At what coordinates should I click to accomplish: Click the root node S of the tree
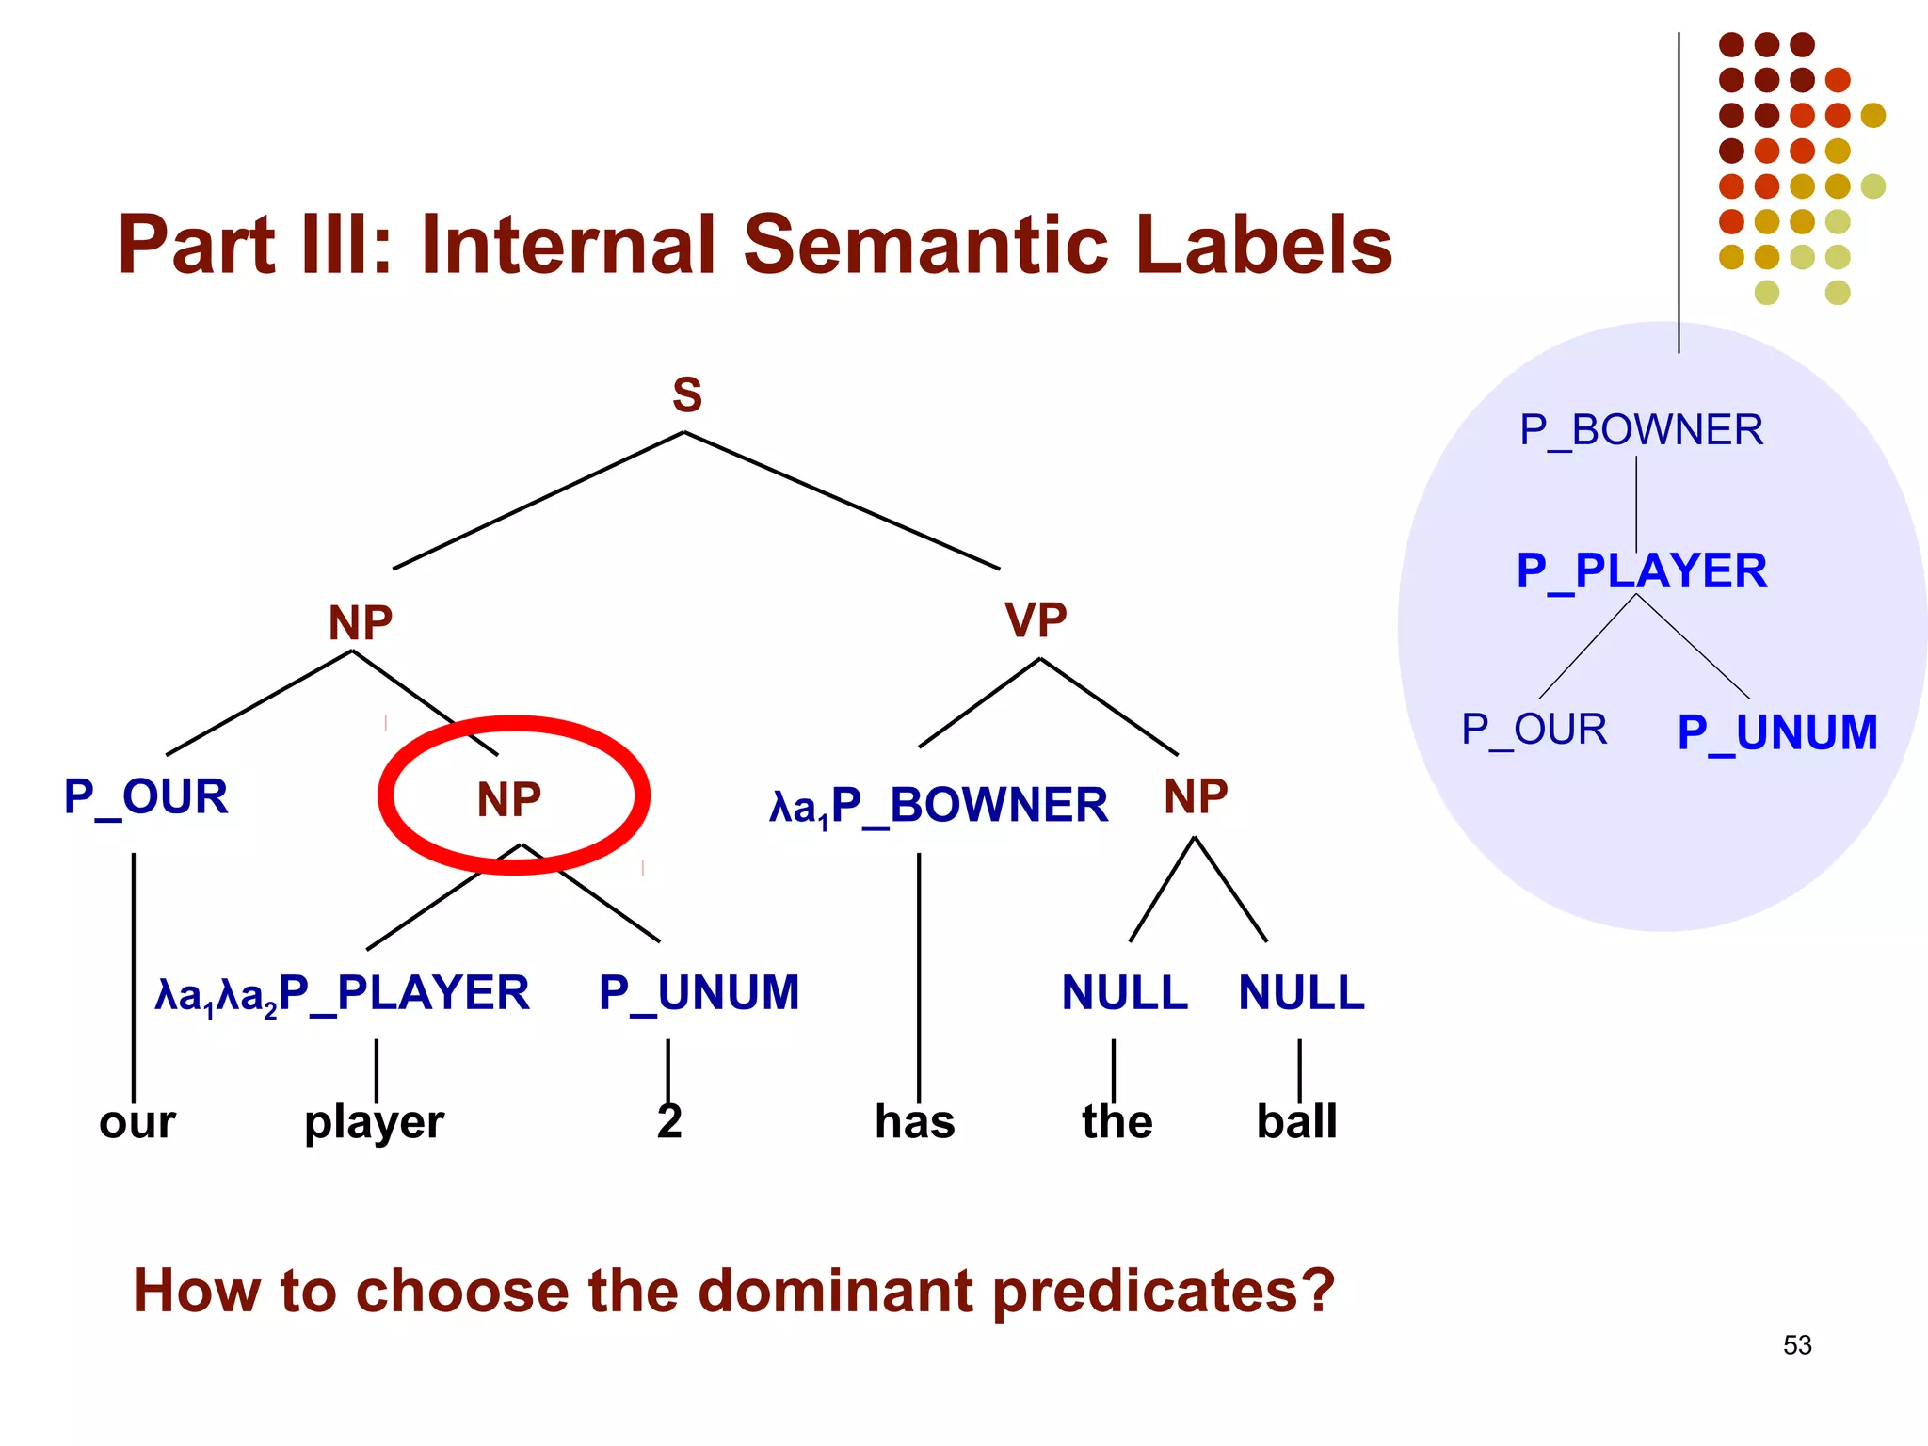pos(687,395)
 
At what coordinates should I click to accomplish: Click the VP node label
pos(1036,620)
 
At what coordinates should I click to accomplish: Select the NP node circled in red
pos(509,800)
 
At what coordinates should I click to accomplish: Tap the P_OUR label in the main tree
pos(146,797)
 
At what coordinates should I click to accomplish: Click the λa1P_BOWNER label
pos(939,806)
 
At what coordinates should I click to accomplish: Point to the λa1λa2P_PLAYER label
pos(343,994)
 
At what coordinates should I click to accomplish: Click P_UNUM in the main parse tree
pos(699,993)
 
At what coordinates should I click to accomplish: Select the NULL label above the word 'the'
pos(1124,993)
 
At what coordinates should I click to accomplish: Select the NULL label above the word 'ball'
pos(1301,993)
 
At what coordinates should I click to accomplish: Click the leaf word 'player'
pos(374,1122)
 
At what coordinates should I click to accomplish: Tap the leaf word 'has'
pos(914,1122)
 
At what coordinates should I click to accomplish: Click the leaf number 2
pos(669,1121)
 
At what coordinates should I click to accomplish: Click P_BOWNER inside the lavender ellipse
pos(1641,430)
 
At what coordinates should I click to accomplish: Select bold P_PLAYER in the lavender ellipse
pos(1642,571)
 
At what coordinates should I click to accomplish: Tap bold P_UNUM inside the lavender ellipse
pos(1776,732)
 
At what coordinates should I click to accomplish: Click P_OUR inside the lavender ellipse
pos(1534,730)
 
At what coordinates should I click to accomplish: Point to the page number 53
pos(1796,1345)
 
